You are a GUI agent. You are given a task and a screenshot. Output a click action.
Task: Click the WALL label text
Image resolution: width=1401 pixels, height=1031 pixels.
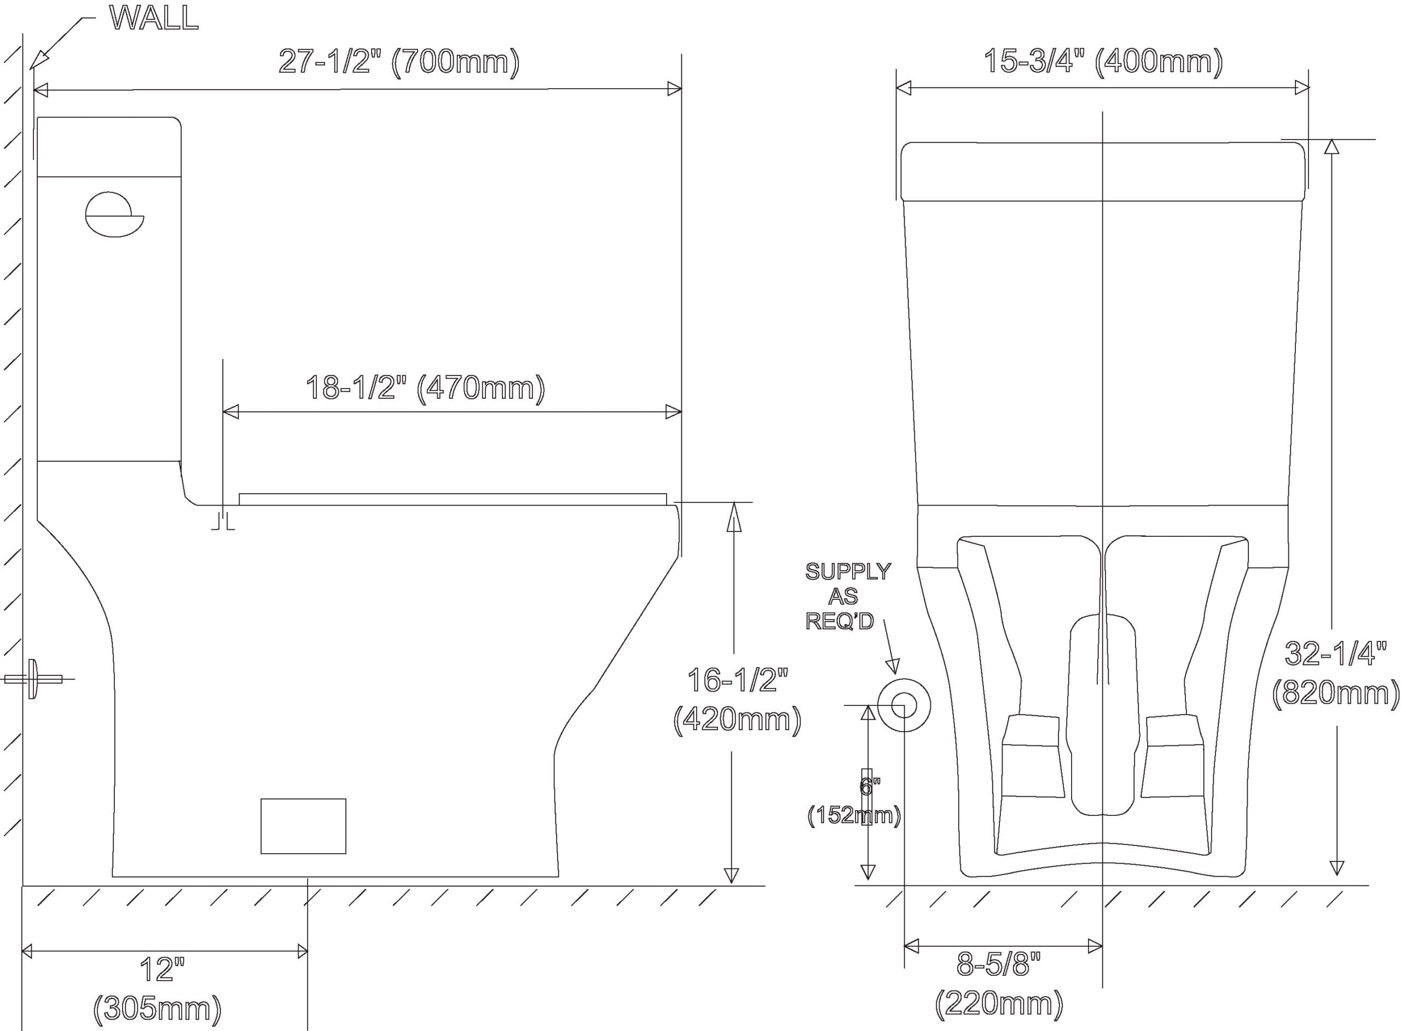click(x=154, y=18)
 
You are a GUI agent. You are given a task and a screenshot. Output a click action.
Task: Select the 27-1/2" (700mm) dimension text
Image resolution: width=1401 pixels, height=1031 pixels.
click(x=399, y=62)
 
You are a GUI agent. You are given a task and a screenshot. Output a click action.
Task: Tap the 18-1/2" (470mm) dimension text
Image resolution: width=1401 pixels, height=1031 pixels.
click(x=425, y=388)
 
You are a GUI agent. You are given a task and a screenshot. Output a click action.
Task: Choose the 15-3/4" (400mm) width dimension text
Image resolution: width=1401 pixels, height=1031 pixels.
click(x=1103, y=62)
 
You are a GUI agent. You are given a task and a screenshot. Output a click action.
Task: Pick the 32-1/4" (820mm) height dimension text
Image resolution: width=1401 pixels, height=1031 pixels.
click(x=1335, y=674)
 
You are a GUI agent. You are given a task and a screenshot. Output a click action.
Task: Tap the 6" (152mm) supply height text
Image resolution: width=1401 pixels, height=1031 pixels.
click(x=854, y=801)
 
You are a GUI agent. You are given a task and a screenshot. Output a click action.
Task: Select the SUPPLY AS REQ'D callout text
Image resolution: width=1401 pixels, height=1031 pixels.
click(x=848, y=596)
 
